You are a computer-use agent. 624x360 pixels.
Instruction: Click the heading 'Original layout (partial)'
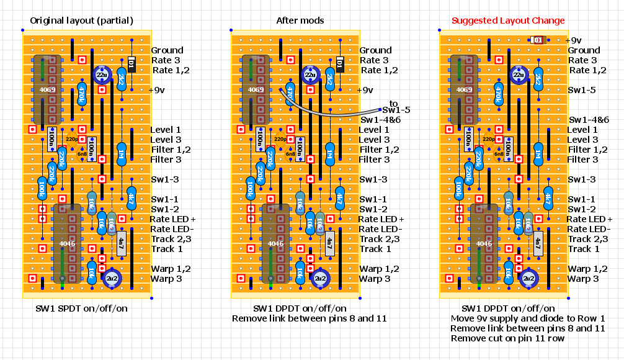point(81,20)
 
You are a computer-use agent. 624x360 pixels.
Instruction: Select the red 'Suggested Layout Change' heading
point(508,20)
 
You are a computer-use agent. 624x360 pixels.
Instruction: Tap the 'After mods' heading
point(300,20)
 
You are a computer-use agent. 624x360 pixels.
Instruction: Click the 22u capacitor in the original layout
point(101,75)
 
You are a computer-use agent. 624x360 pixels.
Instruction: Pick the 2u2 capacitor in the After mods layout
point(321,279)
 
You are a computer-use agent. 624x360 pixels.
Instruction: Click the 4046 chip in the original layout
point(67,243)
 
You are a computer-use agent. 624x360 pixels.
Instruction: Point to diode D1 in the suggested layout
point(537,40)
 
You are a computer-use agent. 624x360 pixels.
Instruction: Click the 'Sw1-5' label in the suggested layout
point(582,90)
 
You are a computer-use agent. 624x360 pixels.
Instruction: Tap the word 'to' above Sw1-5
point(394,102)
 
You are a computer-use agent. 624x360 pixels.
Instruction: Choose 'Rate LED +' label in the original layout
point(173,219)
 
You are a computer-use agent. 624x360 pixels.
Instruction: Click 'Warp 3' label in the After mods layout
point(376,279)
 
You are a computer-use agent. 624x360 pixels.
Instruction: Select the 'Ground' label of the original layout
point(167,50)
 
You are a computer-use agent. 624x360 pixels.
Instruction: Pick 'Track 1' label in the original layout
point(167,249)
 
